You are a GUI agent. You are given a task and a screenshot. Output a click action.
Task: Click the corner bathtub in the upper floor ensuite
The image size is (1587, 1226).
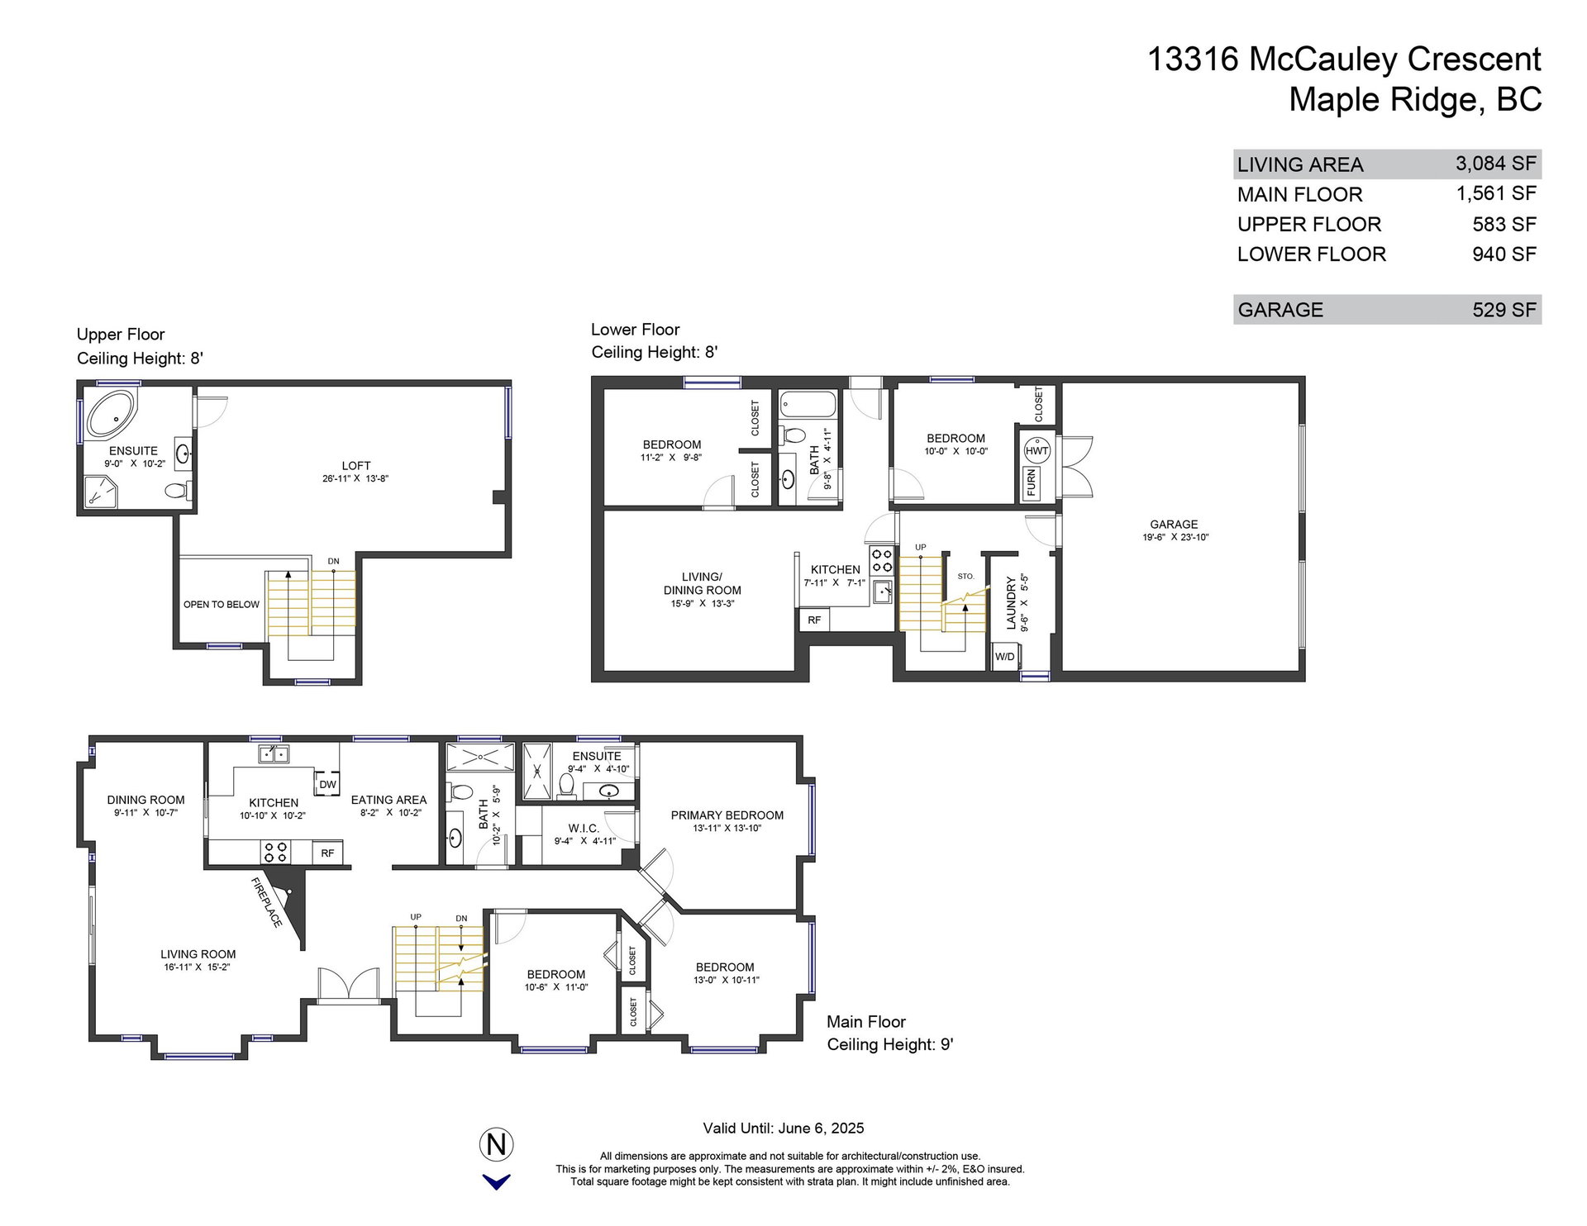[111, 415]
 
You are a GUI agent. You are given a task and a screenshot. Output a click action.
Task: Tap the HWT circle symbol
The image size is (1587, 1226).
[1037, 450]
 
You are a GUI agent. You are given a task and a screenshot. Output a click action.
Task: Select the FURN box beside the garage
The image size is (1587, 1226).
[1032, 482]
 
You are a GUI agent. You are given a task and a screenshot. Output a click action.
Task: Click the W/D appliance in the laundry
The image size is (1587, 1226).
[1005, 657]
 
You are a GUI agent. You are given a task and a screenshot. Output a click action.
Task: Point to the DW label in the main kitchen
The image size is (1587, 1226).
[327, 784]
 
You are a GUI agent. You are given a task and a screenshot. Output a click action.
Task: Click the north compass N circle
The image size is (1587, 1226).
[497, 1144]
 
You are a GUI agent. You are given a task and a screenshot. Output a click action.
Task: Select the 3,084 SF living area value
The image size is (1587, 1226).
[1496, 164]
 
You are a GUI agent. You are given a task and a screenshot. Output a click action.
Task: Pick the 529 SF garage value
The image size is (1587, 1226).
[1504, 310]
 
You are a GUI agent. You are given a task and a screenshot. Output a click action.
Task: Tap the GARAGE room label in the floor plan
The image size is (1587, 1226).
[1174, 525]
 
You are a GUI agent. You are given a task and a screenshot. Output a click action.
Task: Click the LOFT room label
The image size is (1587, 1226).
[356, 466]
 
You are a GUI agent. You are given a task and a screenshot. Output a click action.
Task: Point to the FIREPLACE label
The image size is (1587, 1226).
[266, 902]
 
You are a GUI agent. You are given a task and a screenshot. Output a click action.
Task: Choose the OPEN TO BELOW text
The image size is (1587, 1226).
[222, 605]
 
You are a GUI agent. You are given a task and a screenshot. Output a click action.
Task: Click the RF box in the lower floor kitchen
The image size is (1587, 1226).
[814, 620]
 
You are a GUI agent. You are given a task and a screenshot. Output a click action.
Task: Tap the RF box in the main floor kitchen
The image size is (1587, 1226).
[327, 853]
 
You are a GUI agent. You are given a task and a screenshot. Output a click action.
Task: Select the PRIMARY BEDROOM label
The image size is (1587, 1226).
[727, 815]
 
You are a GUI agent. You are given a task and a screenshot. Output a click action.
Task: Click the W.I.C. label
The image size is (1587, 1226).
[584, 829]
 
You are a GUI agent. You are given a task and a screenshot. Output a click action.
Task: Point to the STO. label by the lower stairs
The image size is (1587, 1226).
[965, 577]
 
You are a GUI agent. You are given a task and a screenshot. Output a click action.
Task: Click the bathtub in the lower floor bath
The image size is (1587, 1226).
[808, 406]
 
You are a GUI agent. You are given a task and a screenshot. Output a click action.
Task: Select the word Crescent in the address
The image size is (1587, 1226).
[1474, 59]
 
